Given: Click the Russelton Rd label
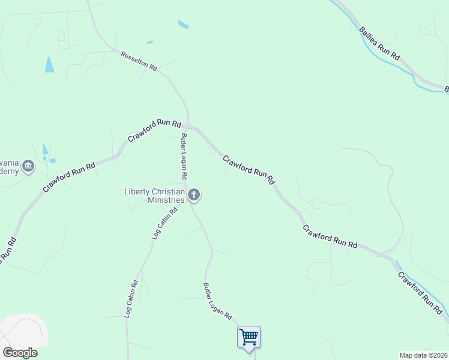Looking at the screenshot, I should pos(139,61).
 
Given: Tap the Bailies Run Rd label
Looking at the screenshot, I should pos(379,42).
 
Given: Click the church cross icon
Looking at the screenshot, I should pos(194,194).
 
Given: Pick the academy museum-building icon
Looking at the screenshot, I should pos(28,166).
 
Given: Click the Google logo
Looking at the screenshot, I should pos(20,353).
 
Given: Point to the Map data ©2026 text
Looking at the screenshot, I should pos(424,355).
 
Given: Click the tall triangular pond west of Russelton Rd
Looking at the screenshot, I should pos(49,65).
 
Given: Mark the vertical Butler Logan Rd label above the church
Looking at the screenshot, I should pos(184,156).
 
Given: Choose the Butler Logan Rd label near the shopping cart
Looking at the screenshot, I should pos(217,304).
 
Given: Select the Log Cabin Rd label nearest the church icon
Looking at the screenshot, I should pos(166,223).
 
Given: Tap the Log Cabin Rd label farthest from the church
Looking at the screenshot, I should pos(131,299).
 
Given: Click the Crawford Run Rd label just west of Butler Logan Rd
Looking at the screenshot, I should pos(154,130).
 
